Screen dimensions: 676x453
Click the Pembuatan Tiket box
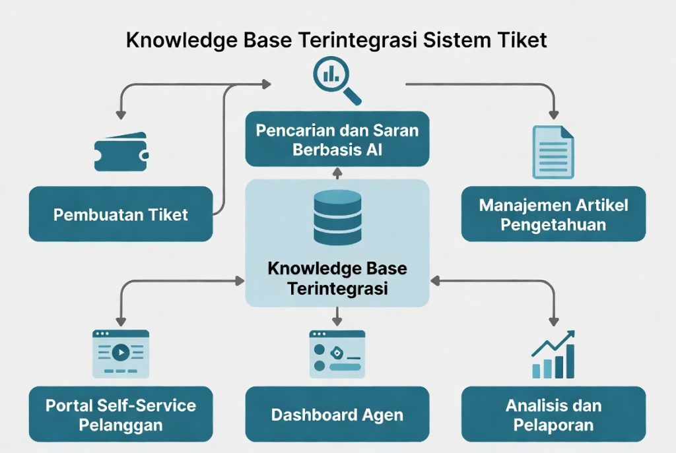point(121,214)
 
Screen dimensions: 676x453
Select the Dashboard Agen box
point(337,414)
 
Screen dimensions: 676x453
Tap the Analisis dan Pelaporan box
point(554,414)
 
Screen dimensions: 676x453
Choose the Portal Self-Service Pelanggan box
point(121,414)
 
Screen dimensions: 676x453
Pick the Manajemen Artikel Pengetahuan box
point(554,214)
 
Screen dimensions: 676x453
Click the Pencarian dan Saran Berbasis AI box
point(337,139)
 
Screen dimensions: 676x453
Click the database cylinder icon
point(337,218)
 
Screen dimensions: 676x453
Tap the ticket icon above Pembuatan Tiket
point(121,152)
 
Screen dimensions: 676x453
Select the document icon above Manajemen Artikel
point(554,152)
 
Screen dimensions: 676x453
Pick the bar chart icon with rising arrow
point(554,354)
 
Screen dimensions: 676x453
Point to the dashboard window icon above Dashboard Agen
point(337,354)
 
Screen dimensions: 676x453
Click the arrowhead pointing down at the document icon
point(554,115)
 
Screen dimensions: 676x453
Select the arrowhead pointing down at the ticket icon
point(121,115)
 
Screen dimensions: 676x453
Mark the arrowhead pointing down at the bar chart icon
point(554,321)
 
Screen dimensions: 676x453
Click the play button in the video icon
point(121,353)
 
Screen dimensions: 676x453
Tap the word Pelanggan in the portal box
point(121,425)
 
